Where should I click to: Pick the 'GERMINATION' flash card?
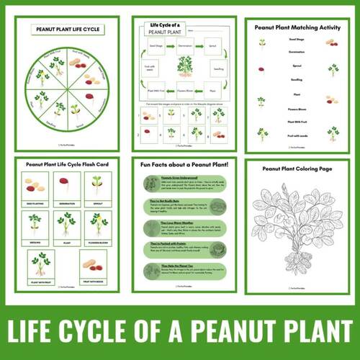tap(67, 189)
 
